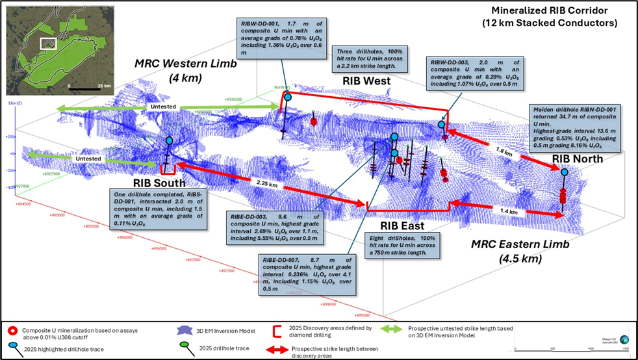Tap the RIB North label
[x=578, y=159]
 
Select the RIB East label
[x=402, y=226]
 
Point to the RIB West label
[x=366, y=81]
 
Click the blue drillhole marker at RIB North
[x=564, y=172]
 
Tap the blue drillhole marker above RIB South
[x=170, y=140]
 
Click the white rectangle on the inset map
[x=48, y=44]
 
